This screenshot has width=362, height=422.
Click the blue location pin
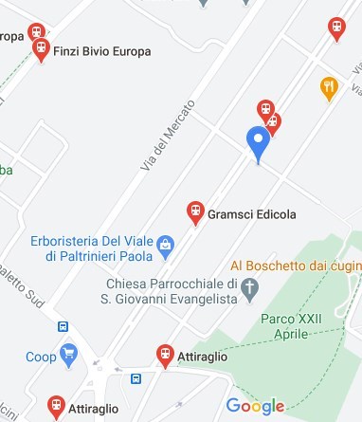click(258, 144)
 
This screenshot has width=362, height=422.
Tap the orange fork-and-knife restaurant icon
click(329, 87)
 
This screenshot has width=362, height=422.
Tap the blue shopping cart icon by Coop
click(68, 357)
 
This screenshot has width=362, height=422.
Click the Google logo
click(255, 406)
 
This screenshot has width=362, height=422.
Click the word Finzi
click(69, 51)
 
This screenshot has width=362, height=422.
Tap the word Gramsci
click(228, 214)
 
